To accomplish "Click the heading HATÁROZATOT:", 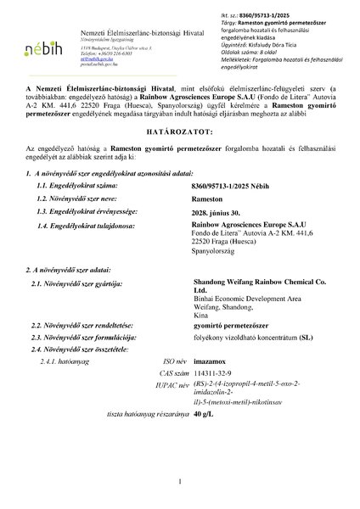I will click(x=180, y=132).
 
